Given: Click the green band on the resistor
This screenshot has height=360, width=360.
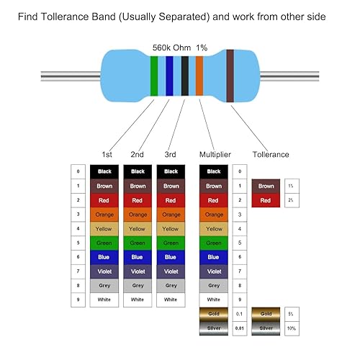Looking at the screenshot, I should [x=154, y=75].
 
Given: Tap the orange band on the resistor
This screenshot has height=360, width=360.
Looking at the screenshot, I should [x=199, y=75].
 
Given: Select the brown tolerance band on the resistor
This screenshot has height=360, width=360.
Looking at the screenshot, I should [x=230, y=75].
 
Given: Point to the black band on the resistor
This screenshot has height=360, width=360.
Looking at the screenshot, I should [x=185, y=75].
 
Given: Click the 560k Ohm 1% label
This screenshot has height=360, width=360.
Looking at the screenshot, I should [x=180, y=48].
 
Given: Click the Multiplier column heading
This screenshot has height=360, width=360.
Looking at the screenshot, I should [x=215, y=154].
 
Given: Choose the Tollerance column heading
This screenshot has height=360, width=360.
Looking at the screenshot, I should [x=271, y=154].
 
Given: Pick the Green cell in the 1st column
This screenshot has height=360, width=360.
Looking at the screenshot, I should [x=104, y=242].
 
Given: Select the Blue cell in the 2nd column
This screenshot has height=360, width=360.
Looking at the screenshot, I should [x=138, y=256].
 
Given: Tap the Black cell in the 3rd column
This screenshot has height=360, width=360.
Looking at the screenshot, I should [x=171, y=171].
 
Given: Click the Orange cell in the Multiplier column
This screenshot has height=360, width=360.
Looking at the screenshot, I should [x=214, y=214].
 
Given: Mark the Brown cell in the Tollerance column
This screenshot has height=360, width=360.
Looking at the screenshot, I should [x=264, y=186].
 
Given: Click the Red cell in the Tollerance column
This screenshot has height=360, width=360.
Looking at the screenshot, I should [x=264, y=199].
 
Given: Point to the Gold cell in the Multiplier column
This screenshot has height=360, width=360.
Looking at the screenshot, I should [x=214, y=315].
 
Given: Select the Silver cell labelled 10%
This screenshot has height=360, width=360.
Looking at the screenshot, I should [x=264, y=328].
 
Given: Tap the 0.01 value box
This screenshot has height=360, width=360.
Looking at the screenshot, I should [x=240, y=328].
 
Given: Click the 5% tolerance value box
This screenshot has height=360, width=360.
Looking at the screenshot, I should [x=290, y=315].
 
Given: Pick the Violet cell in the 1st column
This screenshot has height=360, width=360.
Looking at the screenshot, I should [x=104, y=271].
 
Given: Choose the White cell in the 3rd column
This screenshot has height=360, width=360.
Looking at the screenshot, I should [x=171, y=299].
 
